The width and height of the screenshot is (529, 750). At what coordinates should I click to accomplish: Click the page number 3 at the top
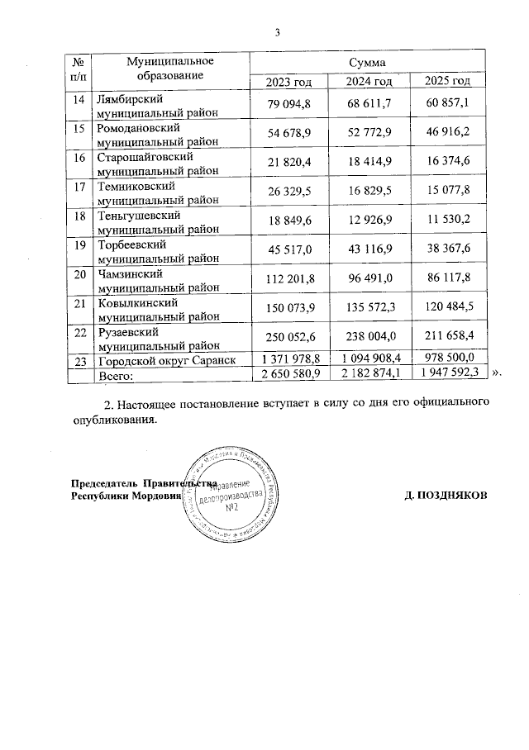pos(279,32)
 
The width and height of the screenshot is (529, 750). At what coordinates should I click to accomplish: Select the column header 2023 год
pos(288,80)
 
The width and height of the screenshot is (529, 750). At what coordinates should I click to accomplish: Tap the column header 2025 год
pos(447,80)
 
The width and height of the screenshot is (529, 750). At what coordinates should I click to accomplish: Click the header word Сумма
pos(368,62)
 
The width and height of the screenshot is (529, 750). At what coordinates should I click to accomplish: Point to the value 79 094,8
pos(288,103)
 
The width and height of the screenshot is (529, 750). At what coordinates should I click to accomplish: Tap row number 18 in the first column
pos(80,216)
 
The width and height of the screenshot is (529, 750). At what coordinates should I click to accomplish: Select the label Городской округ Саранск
pos(162,361)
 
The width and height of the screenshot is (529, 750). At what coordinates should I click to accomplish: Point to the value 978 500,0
pos(447,358)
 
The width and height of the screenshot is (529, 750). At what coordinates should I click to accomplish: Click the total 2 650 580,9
pos(288,374)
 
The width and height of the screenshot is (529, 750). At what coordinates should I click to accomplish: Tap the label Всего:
pos(118,376)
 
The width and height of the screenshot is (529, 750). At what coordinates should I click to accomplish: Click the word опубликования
pos(112,420)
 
